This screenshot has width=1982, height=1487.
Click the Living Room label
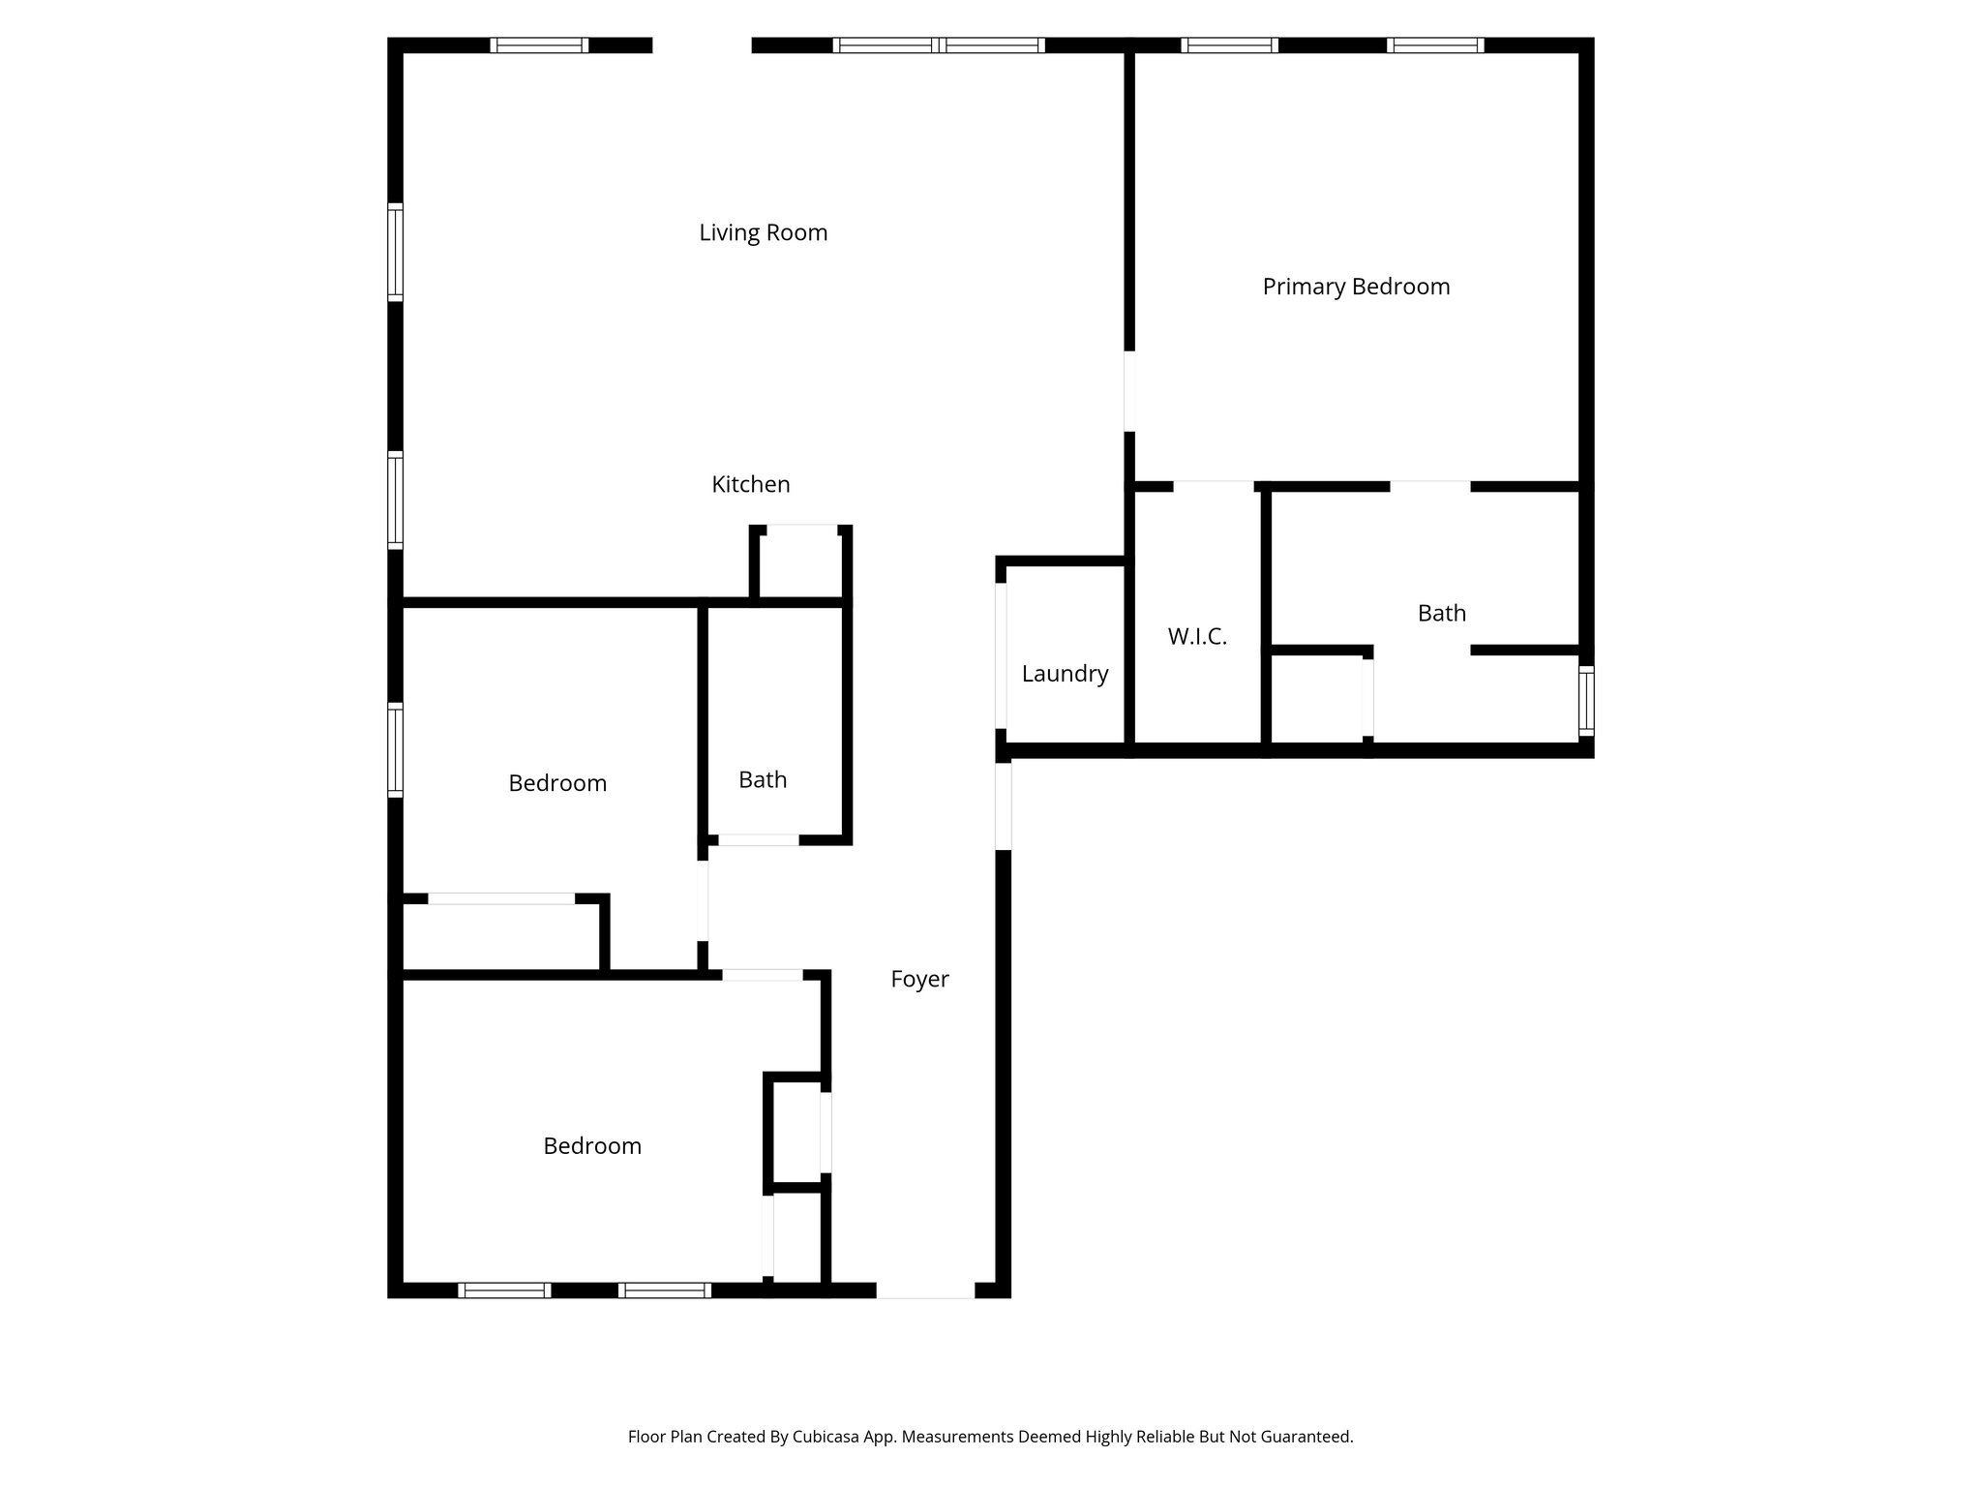coord(763,232)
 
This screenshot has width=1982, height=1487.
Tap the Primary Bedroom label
coord(1355,287)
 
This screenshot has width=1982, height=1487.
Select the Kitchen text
coord(750,484)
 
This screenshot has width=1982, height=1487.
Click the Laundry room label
coord(1065,674)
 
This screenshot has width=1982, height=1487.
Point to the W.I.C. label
coord(1197,636)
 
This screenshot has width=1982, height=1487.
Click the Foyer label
coord(919,979)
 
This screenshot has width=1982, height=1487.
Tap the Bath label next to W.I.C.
coord(1441,613)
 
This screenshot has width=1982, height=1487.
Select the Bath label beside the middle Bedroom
coord(763,779)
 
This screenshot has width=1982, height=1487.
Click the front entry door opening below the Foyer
coord(925,1290)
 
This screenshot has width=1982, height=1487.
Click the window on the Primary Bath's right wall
coord(1585,701)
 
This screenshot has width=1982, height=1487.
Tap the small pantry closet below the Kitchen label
coord(801,563)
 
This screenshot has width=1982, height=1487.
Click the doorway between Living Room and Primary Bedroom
coord(1128,391)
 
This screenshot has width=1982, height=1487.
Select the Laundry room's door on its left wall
coord(1002,655)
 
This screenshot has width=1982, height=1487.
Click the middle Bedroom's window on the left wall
coord(395,750)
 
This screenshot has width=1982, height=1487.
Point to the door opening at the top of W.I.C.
coord(1214,486)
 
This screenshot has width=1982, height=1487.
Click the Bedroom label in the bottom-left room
coord(591,1146)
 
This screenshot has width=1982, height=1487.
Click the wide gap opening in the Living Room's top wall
coord(702,45)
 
